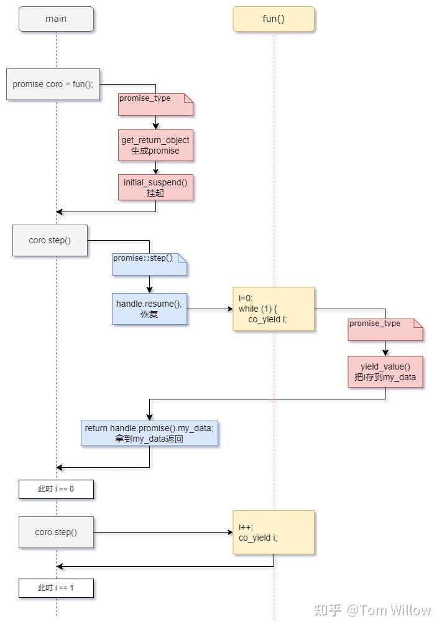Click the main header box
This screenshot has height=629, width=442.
click(x=56, y=19)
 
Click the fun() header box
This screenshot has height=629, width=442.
click(x=274, y=19)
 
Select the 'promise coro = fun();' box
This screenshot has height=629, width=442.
click(x=53, y=84)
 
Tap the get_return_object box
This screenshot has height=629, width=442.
click(x=155, y=145)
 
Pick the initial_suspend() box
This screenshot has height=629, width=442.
click(x=155, y=187)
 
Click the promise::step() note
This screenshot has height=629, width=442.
click(x=149, y=264)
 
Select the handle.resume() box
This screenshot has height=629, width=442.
click(x=149, y=309)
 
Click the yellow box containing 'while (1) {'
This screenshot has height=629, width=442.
click(x=274, y=309)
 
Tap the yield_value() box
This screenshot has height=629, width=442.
click(x=385, y=371)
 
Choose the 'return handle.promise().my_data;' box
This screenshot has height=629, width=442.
click(x=149, y=433)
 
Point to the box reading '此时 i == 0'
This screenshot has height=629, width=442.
click(x=56, y=489)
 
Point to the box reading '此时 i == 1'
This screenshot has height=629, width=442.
click(x=56, y=588)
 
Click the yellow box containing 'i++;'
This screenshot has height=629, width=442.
click(x=274, y=533)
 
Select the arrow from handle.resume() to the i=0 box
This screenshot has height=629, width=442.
click(x=210, y=309)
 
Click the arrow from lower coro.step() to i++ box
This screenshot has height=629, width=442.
click(x=163, y=533)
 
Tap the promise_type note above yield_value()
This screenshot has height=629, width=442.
click(x=385, y=330)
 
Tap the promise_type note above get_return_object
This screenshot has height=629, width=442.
click(x=155, y=105)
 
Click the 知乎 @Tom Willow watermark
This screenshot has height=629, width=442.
click(x=372, y=610)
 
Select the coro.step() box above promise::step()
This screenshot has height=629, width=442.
click(x=50, y=240)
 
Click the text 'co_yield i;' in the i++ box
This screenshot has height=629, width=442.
click(x=257, y=538)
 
